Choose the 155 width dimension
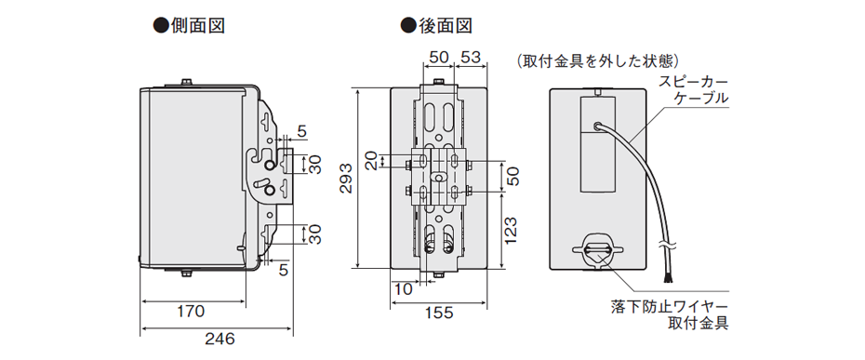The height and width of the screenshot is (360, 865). coord(440,313)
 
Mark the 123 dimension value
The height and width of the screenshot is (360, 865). coord(511,228)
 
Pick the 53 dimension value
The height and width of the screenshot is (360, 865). coord(470,58)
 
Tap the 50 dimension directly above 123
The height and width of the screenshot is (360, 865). coord(511,174)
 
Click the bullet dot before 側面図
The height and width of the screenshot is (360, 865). coord(158,25)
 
